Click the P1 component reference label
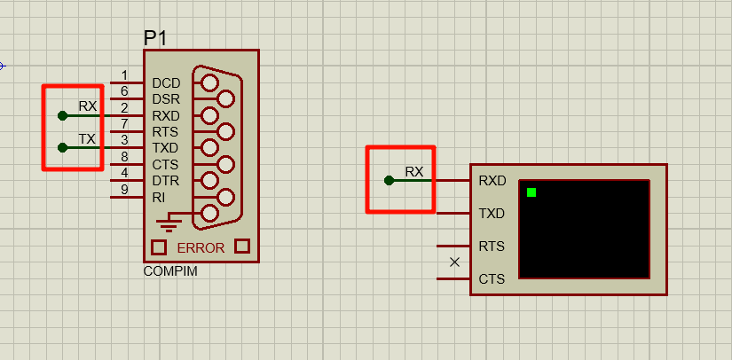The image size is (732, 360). [x=155, y=38]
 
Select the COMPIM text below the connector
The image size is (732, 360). [x=170, y=271]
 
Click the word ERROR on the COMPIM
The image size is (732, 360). [x=201, y=247]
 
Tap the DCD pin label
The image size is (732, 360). [x=166, y=82]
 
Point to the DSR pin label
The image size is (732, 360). [x=166, y=99]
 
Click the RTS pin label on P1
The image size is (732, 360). [x=165, y=132]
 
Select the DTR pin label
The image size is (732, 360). [x=165, y=181]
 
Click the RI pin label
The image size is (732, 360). [x=158, y=197]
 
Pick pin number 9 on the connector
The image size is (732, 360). [x=124, y=189]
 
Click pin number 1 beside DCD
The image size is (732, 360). [x=124, y=75]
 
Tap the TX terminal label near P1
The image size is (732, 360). [x=87, y=139]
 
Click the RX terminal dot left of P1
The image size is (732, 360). [x=61, y=115]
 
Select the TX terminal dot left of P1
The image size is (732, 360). [x=61, y=147]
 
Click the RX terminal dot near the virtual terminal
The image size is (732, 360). [x=389, y=180]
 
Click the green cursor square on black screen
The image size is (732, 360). [x=531, y=192]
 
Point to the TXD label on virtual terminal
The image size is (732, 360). [x=492, y=214]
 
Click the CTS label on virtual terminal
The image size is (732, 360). [x=492, y=279]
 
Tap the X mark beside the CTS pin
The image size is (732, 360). [x=455, y=262]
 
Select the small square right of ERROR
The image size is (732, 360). [x=241, y=247]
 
